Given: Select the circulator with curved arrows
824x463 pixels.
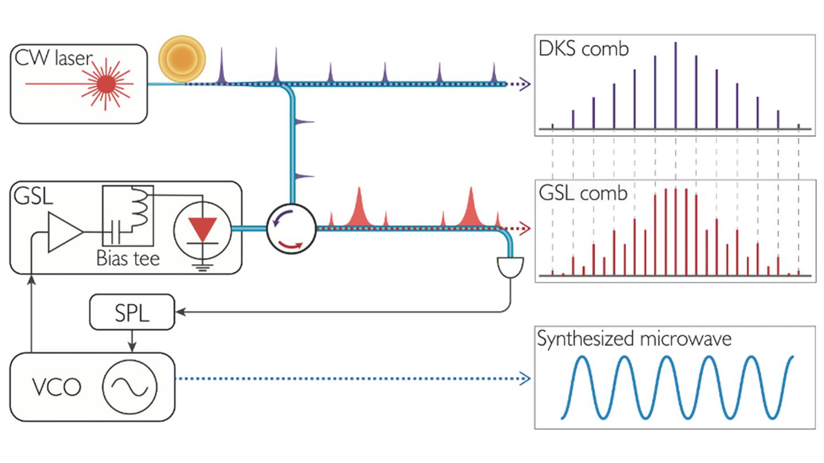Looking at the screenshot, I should [291, 228].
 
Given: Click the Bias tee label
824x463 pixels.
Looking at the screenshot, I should [128, 258].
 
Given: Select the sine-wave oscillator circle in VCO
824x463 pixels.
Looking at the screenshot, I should [129, 387].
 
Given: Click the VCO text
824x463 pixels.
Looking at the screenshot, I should [57, 388].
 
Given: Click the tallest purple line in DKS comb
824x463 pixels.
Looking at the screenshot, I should [675, 86].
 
